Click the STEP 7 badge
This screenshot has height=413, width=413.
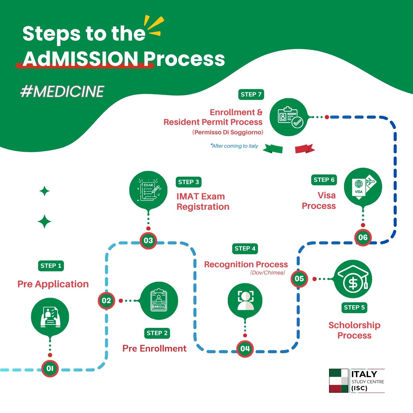pyautogui.click(x=251, y=94)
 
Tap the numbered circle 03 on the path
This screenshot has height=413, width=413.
pyautogui.click(x=148, y=241)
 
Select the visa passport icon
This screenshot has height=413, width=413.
pyautogui.click(x=363, y=187)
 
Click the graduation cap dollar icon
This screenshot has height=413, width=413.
pyautogui.click(x=353, y=279)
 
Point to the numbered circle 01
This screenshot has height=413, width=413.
pyautogui.click(x=50, y=369)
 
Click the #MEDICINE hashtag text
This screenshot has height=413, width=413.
pyautogui.click(x=62, y=91)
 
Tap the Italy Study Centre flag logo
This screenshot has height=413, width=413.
pyautogui.click(x=339, y=380)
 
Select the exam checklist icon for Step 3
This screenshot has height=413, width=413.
pyautogui.click(x=148, y=190)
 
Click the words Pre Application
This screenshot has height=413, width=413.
pyautogui.click(x=53, y=284)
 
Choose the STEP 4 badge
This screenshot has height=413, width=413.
pyautogui.click(x=245, y=249)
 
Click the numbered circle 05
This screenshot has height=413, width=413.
pyautogui.click(x=299, y=279)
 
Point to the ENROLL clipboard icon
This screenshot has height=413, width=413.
pyautogui.click(x=159, y=301)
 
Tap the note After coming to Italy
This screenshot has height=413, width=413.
pyautogui.click(x=234, y=146)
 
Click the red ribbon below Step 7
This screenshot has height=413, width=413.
pyautogui.click(x=305, y=149)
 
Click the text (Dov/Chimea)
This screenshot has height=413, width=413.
pyautogui.click(x=268, y=273)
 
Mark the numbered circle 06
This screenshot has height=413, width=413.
pyautogui.click(x=363, y=238)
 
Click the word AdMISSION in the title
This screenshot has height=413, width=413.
pyautogui.click(x=81, y=59)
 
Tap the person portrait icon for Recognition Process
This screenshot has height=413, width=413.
pyautogui.click(x=245, y=300)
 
